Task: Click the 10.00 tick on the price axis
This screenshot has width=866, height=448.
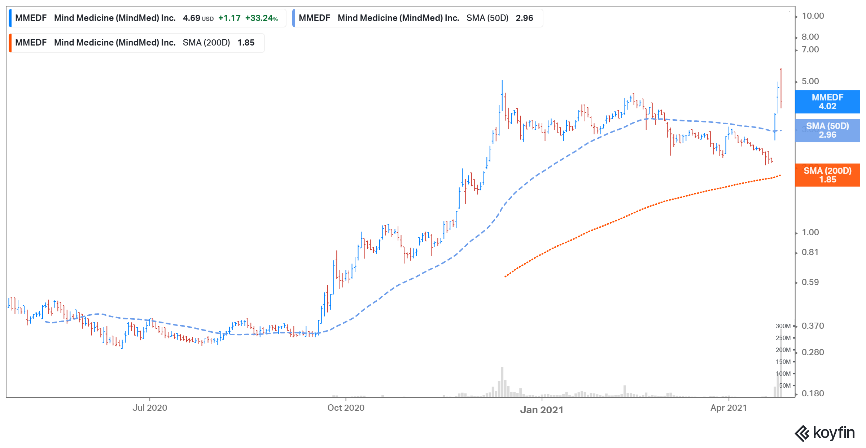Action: click(813, 16)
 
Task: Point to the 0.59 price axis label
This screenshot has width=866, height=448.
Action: click(810, 282)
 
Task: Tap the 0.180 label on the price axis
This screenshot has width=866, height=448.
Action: click(813, 393)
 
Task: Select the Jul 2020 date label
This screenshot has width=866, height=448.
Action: click(150, 408)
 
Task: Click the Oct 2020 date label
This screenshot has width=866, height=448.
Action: click(346, 408)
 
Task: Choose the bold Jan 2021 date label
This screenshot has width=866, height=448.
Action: click(541, 410)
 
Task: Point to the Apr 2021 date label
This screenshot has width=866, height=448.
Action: click(729, 408)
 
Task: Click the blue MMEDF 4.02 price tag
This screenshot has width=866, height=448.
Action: click(827, 102)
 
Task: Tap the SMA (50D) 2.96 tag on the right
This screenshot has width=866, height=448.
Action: click(827, 130)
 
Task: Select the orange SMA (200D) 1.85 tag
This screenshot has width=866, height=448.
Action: click(827, 175)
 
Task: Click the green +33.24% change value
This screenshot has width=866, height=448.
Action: click(261, 18)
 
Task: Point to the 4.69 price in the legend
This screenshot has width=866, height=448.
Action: click(191, 18)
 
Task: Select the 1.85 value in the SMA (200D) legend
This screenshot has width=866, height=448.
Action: click(246, 43)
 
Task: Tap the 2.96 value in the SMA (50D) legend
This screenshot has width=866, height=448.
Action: click(524, 18)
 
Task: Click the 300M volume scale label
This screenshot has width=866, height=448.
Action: click(783, 326)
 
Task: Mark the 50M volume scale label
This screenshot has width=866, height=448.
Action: click(784, 385)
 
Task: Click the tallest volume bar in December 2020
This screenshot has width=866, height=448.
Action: click(502, 382)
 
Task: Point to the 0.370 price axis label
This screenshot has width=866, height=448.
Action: click(813, 326)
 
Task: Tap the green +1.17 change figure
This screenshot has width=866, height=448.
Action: click(229, 18)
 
